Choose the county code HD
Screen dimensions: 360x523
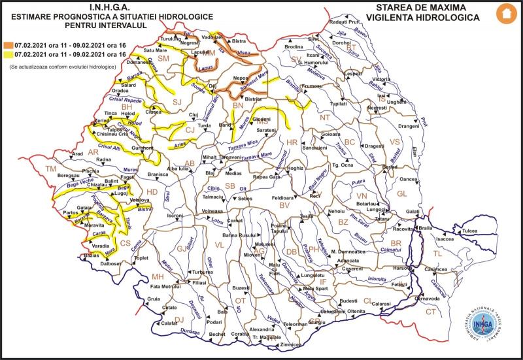tap(152, 192)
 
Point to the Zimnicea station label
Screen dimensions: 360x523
tap(288, 344)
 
